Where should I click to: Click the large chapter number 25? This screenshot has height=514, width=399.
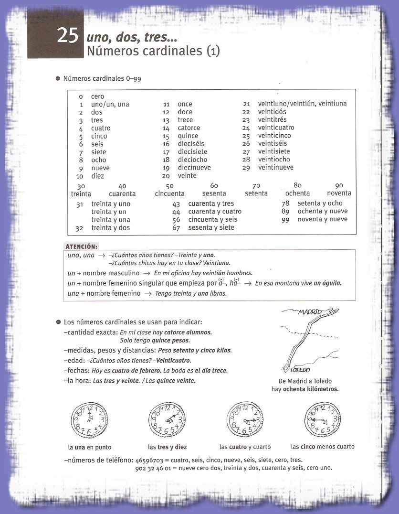[x=67, y=36]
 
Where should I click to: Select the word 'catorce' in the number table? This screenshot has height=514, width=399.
[x=189, y=128]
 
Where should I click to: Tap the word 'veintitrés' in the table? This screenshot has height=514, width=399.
[x=273, y=120]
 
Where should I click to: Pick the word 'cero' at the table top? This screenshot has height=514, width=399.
[x=97, y=96]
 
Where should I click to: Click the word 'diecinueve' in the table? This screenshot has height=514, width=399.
[x=194, y=168]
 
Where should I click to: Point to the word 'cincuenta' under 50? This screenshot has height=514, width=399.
[x=169, y=193]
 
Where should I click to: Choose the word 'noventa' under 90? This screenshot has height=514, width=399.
[x=339, y=193]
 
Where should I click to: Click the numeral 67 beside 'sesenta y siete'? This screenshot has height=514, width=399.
[x=176, y=228]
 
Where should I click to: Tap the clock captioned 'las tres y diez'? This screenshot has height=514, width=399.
[x=167, y=420]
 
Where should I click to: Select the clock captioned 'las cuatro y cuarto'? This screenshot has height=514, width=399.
[x=245, y=420]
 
